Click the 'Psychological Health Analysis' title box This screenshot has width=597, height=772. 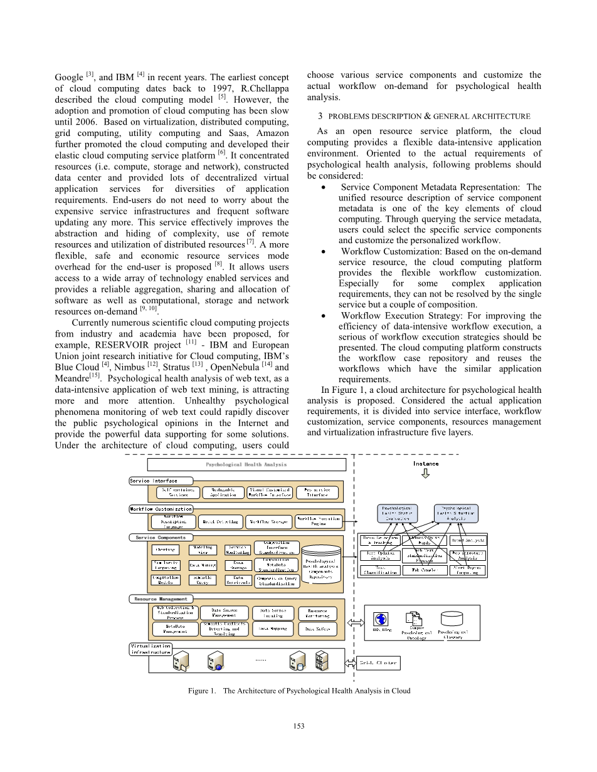coord(246,464)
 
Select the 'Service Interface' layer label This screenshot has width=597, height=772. coord(154,481)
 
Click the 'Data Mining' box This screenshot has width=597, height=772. coord(203,565)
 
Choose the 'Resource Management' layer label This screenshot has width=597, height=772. coord(161,599)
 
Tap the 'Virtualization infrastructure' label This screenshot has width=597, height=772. coord(150,649)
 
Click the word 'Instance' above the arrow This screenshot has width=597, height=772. coord(426,464)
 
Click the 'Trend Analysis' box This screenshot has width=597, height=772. coord(468,540)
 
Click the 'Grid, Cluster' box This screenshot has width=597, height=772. coord(379,662)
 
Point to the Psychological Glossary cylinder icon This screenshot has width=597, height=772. coord(450,618)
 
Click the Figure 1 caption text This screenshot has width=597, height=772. coord(299,691)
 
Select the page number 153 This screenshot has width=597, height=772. coord(298,726)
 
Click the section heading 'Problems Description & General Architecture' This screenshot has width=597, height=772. coord(424,116)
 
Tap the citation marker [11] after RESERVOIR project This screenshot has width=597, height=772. coord(191,342)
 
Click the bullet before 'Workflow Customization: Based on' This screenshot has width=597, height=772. coord(322,252)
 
